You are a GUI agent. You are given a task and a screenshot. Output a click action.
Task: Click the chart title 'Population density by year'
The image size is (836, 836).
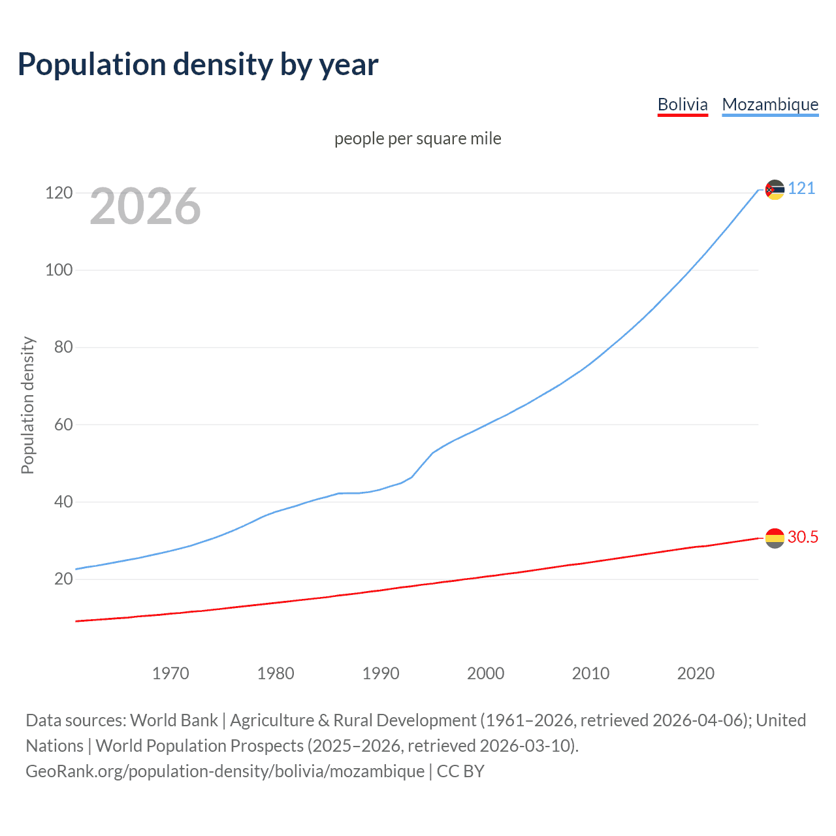tap(198, 65)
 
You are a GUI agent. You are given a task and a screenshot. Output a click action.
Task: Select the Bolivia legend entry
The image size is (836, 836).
tap(683, 104)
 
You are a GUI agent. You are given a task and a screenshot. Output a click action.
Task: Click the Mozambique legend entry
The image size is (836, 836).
tap(770, 104)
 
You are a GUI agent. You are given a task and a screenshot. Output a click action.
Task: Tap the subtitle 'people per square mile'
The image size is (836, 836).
tap(417, 138)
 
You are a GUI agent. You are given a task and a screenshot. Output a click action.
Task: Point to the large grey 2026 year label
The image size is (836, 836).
tap(145, 206)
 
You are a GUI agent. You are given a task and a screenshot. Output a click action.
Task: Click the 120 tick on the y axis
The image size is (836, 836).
tap(59, 193)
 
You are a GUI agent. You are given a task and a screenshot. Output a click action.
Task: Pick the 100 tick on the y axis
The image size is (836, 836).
tap(59, 270)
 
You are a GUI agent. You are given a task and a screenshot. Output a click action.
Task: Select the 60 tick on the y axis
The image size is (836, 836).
tap(63, 425)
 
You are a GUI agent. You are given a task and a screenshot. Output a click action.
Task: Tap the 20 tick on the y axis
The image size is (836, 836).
tap(63, 579)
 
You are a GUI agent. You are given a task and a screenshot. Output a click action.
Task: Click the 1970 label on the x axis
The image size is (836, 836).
tap(170, 673)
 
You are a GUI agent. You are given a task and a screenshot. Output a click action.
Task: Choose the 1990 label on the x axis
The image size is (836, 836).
tap(381, 673)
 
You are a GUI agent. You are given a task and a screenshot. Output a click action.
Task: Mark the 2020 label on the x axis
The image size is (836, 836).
tap(696, 673)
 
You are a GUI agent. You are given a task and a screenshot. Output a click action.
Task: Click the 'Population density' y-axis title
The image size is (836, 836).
tap(27, 405)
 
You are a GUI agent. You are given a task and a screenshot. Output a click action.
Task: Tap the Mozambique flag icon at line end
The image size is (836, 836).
tap(775, 189)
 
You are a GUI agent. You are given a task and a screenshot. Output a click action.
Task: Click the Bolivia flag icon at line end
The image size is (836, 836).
tap(775, 538)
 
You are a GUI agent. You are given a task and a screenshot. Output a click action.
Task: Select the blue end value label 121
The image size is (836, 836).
tap(801, 189)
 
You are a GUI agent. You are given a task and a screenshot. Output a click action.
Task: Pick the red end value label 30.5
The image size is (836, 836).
tap(803, 537)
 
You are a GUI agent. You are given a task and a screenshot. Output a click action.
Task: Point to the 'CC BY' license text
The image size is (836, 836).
tap(460, 771)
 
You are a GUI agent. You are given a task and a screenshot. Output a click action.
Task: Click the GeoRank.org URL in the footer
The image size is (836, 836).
tap(225, 771)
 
